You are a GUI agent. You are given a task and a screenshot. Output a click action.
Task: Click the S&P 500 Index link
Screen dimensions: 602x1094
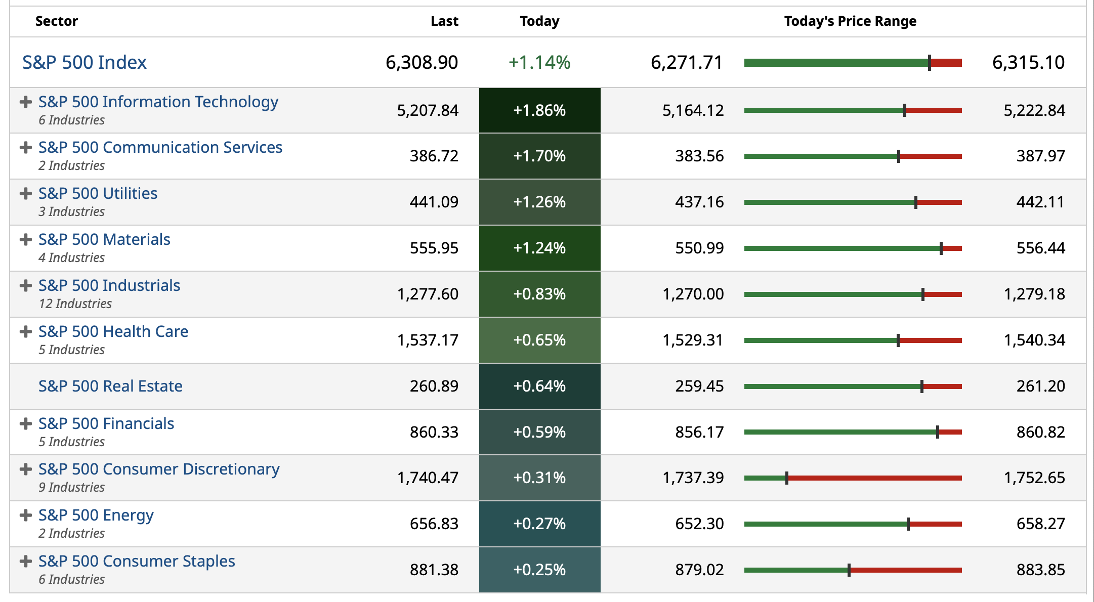coord(84,62)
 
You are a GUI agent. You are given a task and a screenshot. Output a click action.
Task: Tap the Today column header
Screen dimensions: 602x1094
coord(539,21)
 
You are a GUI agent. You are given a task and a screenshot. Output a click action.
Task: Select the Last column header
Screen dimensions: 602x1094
coord(444,21)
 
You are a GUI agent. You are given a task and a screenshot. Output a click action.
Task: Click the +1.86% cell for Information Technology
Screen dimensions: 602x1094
coord(539,110)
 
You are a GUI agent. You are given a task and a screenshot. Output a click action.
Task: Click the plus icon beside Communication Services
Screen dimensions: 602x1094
coord(25,148)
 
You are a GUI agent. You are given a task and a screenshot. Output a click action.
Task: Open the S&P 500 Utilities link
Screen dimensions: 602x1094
coord(98,193)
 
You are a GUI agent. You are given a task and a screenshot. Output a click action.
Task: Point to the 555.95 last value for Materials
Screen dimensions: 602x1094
coord(434,248)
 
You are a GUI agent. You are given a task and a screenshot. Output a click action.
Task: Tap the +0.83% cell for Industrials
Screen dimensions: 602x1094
coord(539,294)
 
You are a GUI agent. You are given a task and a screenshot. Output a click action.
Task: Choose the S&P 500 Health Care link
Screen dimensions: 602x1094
coord(113,331)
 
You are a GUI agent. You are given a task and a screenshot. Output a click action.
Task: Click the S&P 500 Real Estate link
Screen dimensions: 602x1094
coord(110,386)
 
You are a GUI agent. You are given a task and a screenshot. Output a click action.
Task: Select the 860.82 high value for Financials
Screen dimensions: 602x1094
coord(1040,432)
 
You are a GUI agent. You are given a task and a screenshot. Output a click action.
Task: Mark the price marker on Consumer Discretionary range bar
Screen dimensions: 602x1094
coord(787,478)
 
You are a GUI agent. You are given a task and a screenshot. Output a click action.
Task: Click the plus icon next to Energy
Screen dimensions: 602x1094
coord(25,515)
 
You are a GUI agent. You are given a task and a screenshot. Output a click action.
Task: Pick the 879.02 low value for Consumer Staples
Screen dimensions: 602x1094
coord(699,570)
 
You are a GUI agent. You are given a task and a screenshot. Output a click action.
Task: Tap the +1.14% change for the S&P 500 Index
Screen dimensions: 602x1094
coord(539,62)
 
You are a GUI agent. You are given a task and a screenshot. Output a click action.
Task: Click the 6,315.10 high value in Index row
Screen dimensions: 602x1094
coord(1028,62)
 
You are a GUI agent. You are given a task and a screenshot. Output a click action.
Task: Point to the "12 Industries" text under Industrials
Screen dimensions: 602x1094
coord(75,304)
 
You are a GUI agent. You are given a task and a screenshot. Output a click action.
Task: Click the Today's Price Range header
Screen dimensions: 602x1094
coord(850,21)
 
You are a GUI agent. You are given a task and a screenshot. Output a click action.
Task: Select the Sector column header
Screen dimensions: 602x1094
coord(57,21)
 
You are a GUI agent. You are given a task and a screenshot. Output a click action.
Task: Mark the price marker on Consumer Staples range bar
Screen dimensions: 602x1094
coord(849,570)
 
